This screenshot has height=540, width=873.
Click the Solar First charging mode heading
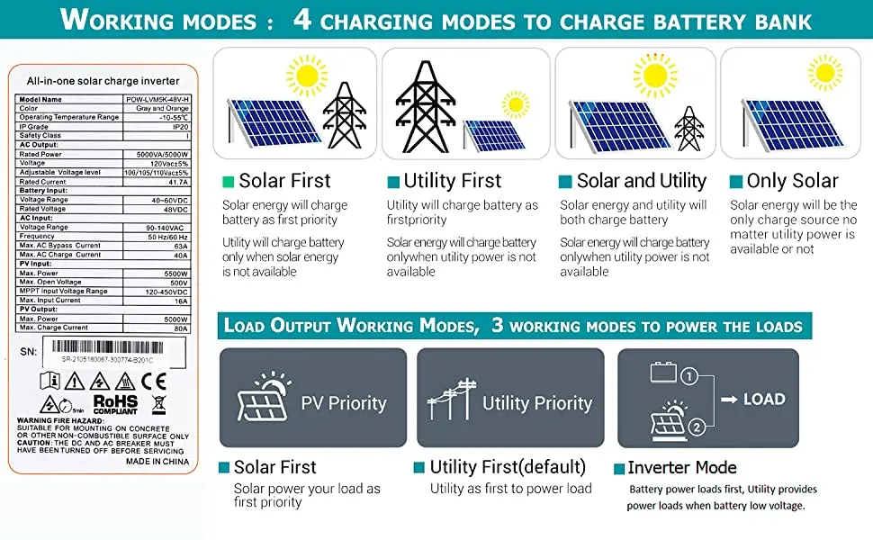[x=284, y=181]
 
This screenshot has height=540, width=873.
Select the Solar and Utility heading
[x=641, y=181]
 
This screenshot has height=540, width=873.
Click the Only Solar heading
[x=792, y=181]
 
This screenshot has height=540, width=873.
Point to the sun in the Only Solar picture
[x=824, y=73]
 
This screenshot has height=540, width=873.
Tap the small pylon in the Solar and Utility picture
[x=689, y=128]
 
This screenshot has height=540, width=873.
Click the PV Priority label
[x=344, y=403]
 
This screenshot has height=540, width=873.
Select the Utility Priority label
[x=537, y=403]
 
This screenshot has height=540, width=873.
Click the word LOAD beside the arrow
[x=764, y=399]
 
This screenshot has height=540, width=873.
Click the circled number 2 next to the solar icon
[x=696, y=428]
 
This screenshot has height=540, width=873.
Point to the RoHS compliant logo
[x=115, y=402]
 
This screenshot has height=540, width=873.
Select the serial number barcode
[x=108, y=346]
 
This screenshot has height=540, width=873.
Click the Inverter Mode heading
[x=682, y=468]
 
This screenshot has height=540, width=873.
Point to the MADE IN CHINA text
[x=158, y=461]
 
